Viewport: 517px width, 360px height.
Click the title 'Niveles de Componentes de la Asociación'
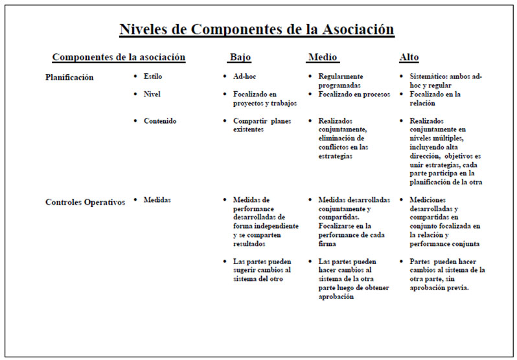(x=257, y=30)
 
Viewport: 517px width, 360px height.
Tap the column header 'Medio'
(x=322, y=58)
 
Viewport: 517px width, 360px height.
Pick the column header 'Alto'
(x=409, y=58)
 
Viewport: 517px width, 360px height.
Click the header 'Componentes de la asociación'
(x=119, y=58)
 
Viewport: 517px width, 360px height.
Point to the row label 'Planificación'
(x=69, y=78)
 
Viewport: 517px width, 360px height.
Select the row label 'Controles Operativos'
(x=85, y=202)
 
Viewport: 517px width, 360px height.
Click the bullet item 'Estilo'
(x=153, y=76)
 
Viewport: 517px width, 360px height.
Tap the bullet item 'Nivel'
(x=152, y=95)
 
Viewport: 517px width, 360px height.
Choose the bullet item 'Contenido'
(x=160, y=121)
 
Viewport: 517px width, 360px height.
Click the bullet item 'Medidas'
(x=157, y=200)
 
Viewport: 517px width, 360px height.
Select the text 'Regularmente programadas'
(x=340, y=81)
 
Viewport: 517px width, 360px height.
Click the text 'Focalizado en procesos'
(x=354, y=95)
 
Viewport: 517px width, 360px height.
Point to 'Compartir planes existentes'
(x=262, y=125)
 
